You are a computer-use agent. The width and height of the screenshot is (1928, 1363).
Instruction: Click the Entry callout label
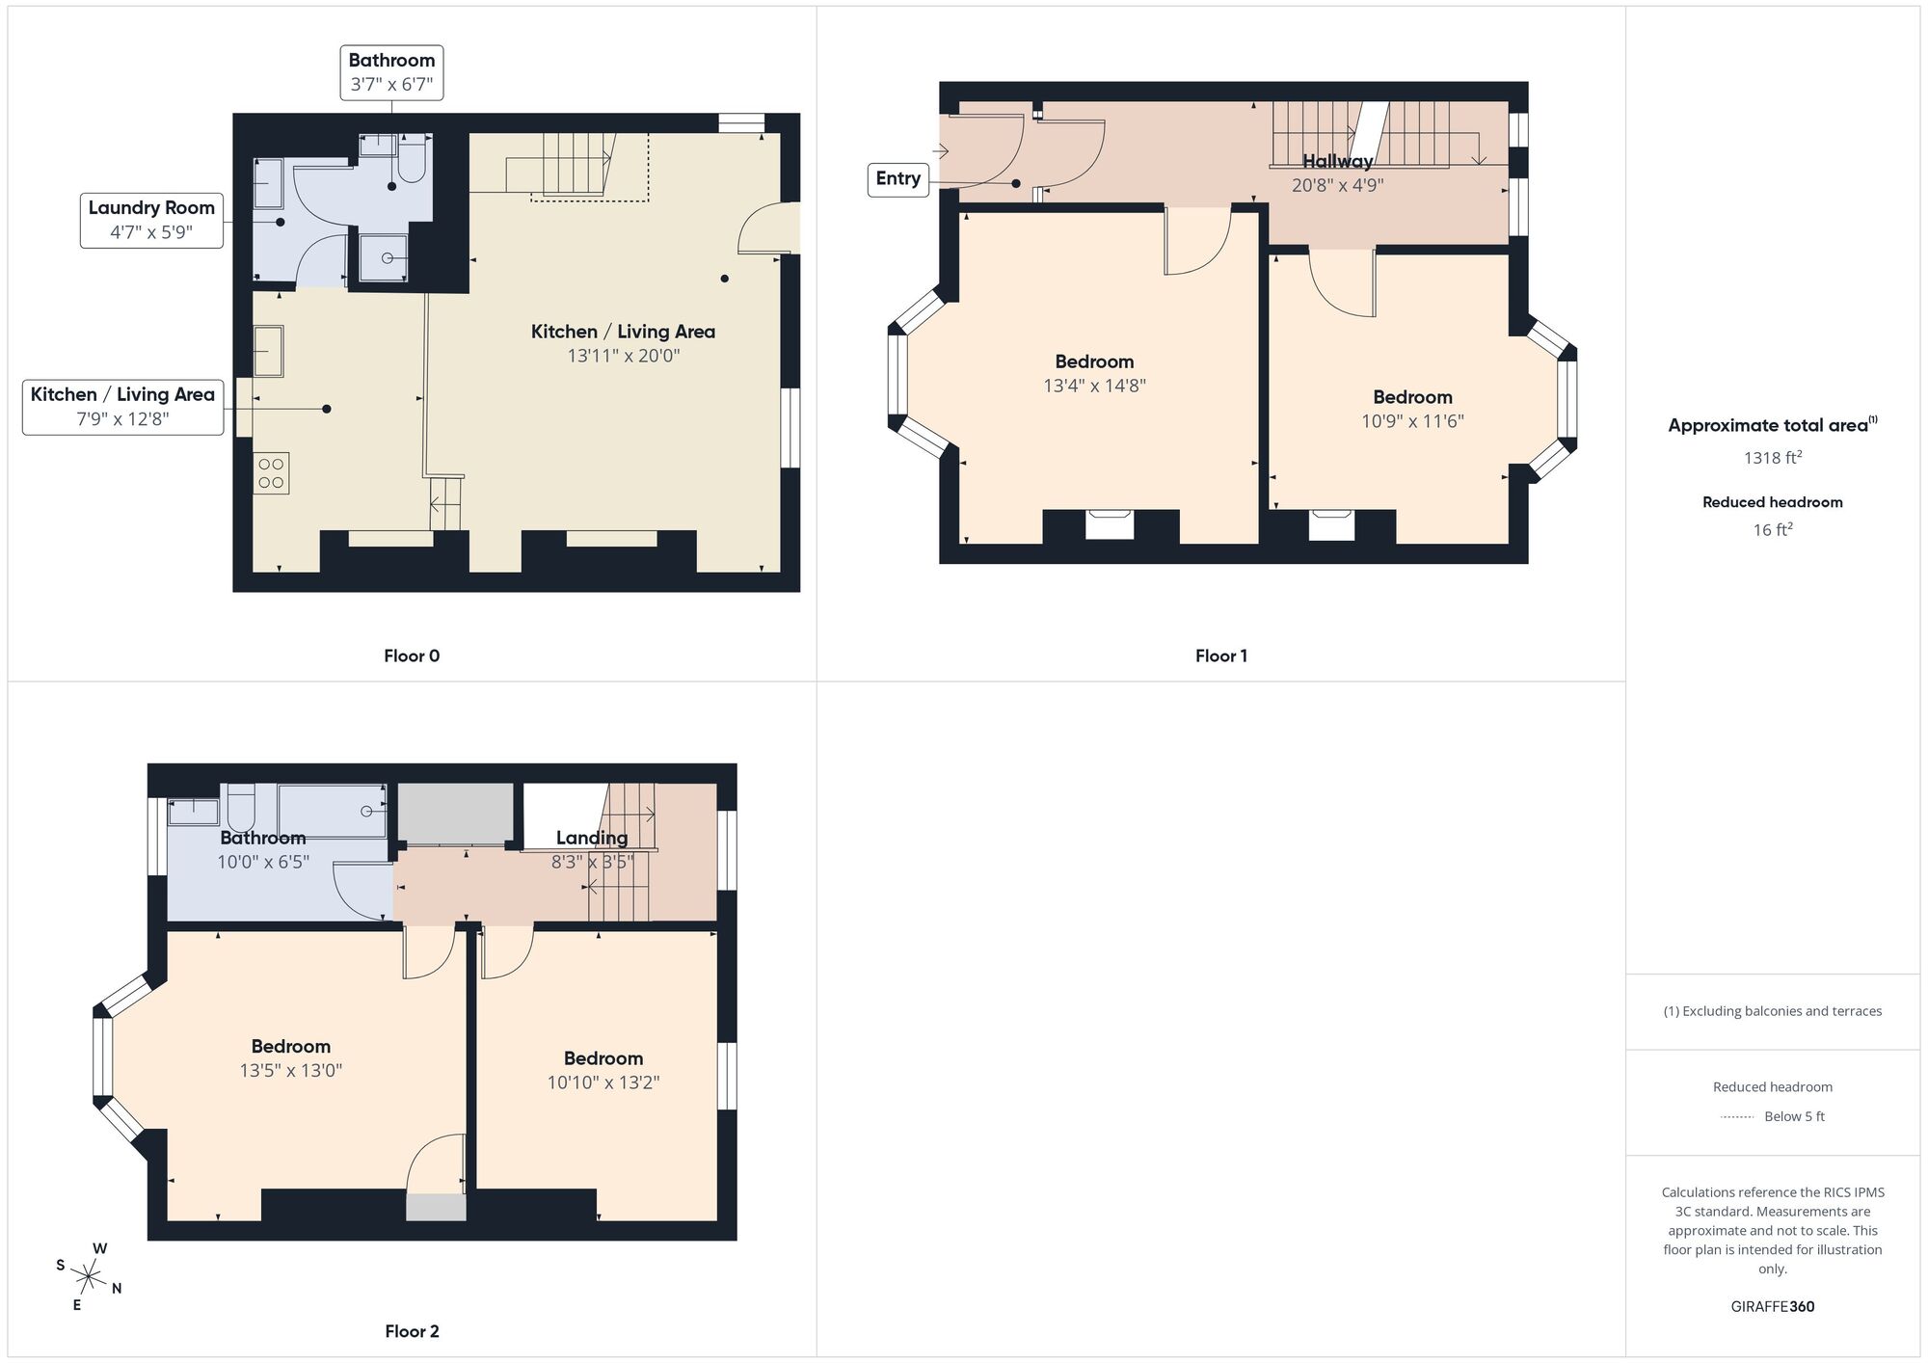pyautogui.click(x=897, y=179)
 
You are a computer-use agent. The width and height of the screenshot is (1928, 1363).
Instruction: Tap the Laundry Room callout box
pyautogui.click(x=151, y=220)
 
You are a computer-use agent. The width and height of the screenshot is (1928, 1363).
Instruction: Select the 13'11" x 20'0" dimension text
pyautogui.click(x=623, y=356)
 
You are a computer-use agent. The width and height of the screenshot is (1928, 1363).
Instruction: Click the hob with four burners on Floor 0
pyautogui.click(x=271, y=473)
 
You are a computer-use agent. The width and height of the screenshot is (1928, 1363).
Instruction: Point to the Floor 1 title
pyautogui.click(x=1220, y=655)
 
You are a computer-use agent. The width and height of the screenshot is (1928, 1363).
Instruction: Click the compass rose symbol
pyautogui.click(x=88, y=1278)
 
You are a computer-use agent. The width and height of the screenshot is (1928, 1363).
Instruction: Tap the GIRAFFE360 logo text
pyautogui.click(x=1772, y=1306)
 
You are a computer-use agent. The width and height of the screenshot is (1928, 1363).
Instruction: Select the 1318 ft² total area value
pyautogui.click(x=1772, y=458)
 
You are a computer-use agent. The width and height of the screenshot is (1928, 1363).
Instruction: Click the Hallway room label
pyautogui.click(x=1337, y=161)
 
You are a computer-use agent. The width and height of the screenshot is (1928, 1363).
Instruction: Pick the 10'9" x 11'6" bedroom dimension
pyautogui.click(x=1412, y=421)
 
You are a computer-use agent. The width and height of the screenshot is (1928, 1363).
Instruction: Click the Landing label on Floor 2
pyautogui.click(x=591, y=838)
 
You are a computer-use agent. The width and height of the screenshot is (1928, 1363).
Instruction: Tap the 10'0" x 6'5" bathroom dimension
pyautogui.click(x=262, y=862)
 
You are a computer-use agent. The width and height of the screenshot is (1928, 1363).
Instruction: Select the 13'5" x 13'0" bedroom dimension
pyautogui.click(x=290, y=1070)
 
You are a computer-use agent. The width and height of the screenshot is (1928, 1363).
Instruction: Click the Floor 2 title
pyautogui.click(x=412, y=1331)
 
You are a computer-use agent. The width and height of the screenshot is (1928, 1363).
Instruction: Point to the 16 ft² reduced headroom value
pyautogui.click(x=1772, y=530)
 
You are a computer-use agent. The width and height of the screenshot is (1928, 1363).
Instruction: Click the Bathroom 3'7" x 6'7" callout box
pyautogui.click(x=391, y=72)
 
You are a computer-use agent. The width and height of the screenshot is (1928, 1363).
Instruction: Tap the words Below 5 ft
pyautogui.click(x=1794, y=1116)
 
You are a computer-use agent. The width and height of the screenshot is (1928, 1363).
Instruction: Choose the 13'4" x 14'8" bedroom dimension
pyautogui.click(x=1094, y=386)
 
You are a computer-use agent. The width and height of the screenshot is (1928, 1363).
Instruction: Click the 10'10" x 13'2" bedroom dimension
pyautogui.click(x=602, y=1082)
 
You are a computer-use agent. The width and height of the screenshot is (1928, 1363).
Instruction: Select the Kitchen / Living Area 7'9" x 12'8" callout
pyautogui.click(x=122, y=407)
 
